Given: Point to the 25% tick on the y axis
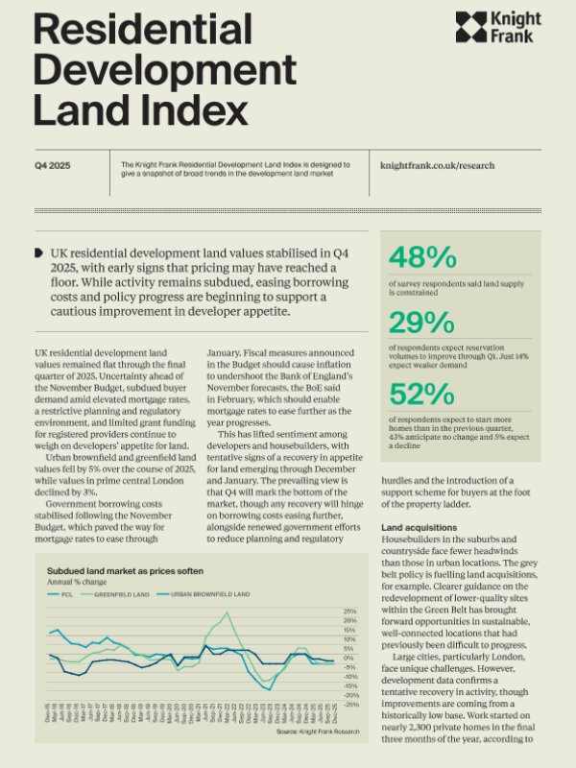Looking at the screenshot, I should (350, 611).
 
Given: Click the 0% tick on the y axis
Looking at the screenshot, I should (350, 658).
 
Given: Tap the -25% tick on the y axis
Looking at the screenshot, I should (350, 704).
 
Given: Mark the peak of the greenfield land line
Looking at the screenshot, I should (227, 613).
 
